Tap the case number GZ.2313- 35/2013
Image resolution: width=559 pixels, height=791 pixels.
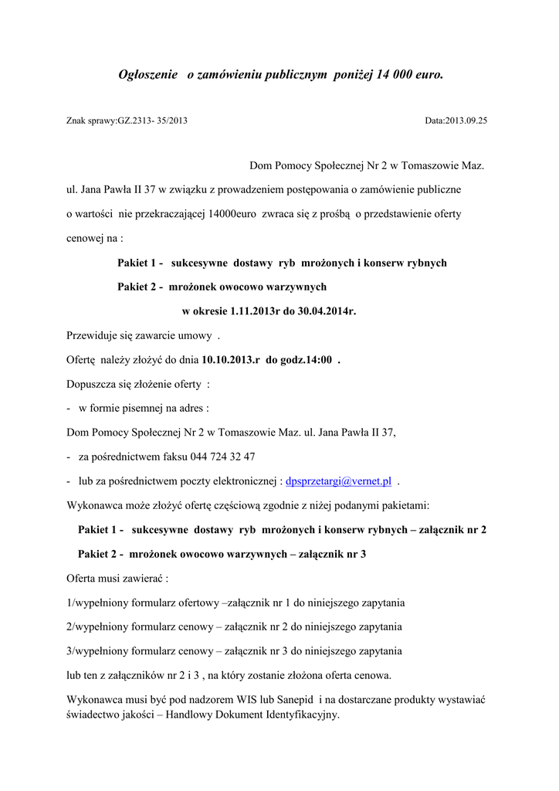click(152, 121)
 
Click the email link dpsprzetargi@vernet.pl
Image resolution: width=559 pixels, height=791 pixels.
click(338, 481)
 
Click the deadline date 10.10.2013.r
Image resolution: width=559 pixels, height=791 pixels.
click(230, 360)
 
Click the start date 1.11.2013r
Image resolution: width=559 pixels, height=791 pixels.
click(257, 311)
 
